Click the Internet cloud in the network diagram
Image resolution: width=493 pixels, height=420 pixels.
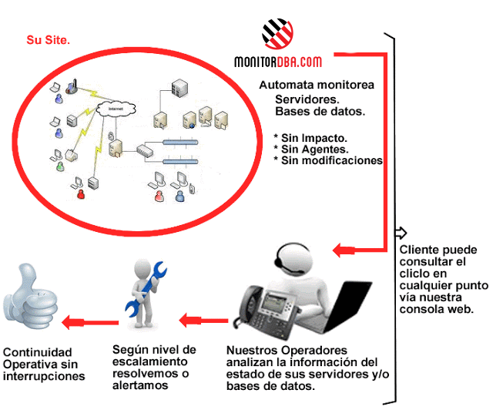[x=116, y=109]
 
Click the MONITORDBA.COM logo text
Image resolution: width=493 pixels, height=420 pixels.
[x=278, y=61]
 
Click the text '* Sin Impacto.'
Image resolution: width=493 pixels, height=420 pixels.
[x=304, y=138]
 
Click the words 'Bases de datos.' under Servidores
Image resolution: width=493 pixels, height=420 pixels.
[x=320, y=112]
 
